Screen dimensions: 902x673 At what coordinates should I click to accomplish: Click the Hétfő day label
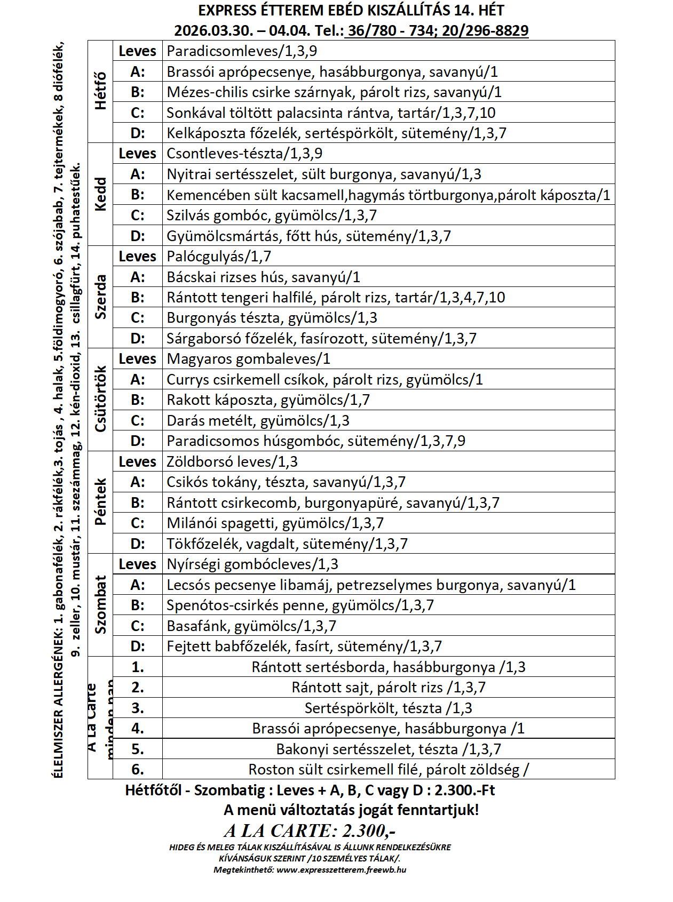tap(100, 91)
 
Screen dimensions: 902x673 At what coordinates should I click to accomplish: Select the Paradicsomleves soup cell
tap(242, 51)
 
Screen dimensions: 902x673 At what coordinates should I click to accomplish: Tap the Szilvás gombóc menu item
tap(271, 215)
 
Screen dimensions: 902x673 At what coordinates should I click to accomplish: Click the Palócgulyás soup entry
tap(219, 257)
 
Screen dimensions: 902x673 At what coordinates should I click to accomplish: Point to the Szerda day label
tap(100, 297)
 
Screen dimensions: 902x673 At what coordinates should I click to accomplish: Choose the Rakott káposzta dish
tap(268, 400)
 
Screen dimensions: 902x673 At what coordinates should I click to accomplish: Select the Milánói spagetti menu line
tap(275, 523)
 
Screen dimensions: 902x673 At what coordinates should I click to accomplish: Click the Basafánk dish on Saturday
tap(251, 626)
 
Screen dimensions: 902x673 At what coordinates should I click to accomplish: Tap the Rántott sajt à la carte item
tap(388, 688)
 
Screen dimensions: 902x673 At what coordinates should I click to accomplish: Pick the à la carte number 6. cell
tap(138, 770)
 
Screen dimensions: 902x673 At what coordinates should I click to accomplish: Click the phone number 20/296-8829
tap(485, 31)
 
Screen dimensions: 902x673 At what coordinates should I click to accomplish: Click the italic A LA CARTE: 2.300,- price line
tap(310, 831)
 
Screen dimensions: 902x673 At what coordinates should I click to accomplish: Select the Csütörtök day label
tap(100, 399)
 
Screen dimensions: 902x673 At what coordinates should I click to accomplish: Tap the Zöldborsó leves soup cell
tap(232, 462)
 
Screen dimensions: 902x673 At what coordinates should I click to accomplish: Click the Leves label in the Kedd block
tap(137, 154)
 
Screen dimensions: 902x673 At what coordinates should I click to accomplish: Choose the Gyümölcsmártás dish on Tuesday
tap(308, 236)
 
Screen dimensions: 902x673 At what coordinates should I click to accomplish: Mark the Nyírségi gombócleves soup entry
tap(252, 564)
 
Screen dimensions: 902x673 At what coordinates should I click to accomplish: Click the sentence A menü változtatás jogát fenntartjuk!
tap(351, 810)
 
